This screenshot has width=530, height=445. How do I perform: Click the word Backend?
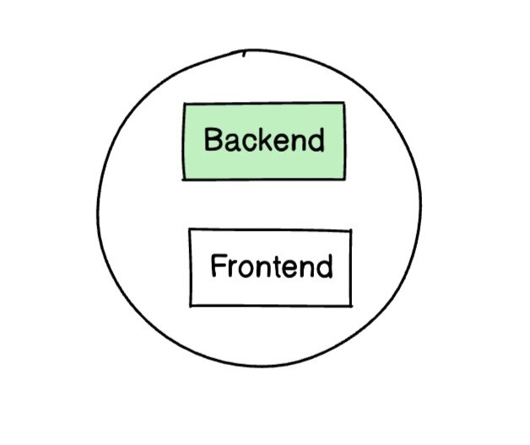tap(264, 140)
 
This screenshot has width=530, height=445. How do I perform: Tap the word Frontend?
tap(271, 267)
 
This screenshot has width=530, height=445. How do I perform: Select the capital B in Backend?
tap(213, 140)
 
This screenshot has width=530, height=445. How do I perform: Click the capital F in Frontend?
tap(218, 267)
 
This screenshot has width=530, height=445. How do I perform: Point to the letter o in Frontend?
tap(242, 269)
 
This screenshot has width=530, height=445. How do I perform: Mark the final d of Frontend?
tap(324, 267)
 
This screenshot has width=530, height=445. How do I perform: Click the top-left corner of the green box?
tap(184, 105)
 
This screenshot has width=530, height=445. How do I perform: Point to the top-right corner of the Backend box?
tap(344, 103)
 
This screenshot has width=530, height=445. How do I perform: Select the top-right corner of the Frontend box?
tap(350, 231)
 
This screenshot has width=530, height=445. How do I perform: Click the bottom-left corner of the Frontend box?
tap(191, 305)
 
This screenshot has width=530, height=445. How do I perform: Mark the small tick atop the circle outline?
tap(244, 52)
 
